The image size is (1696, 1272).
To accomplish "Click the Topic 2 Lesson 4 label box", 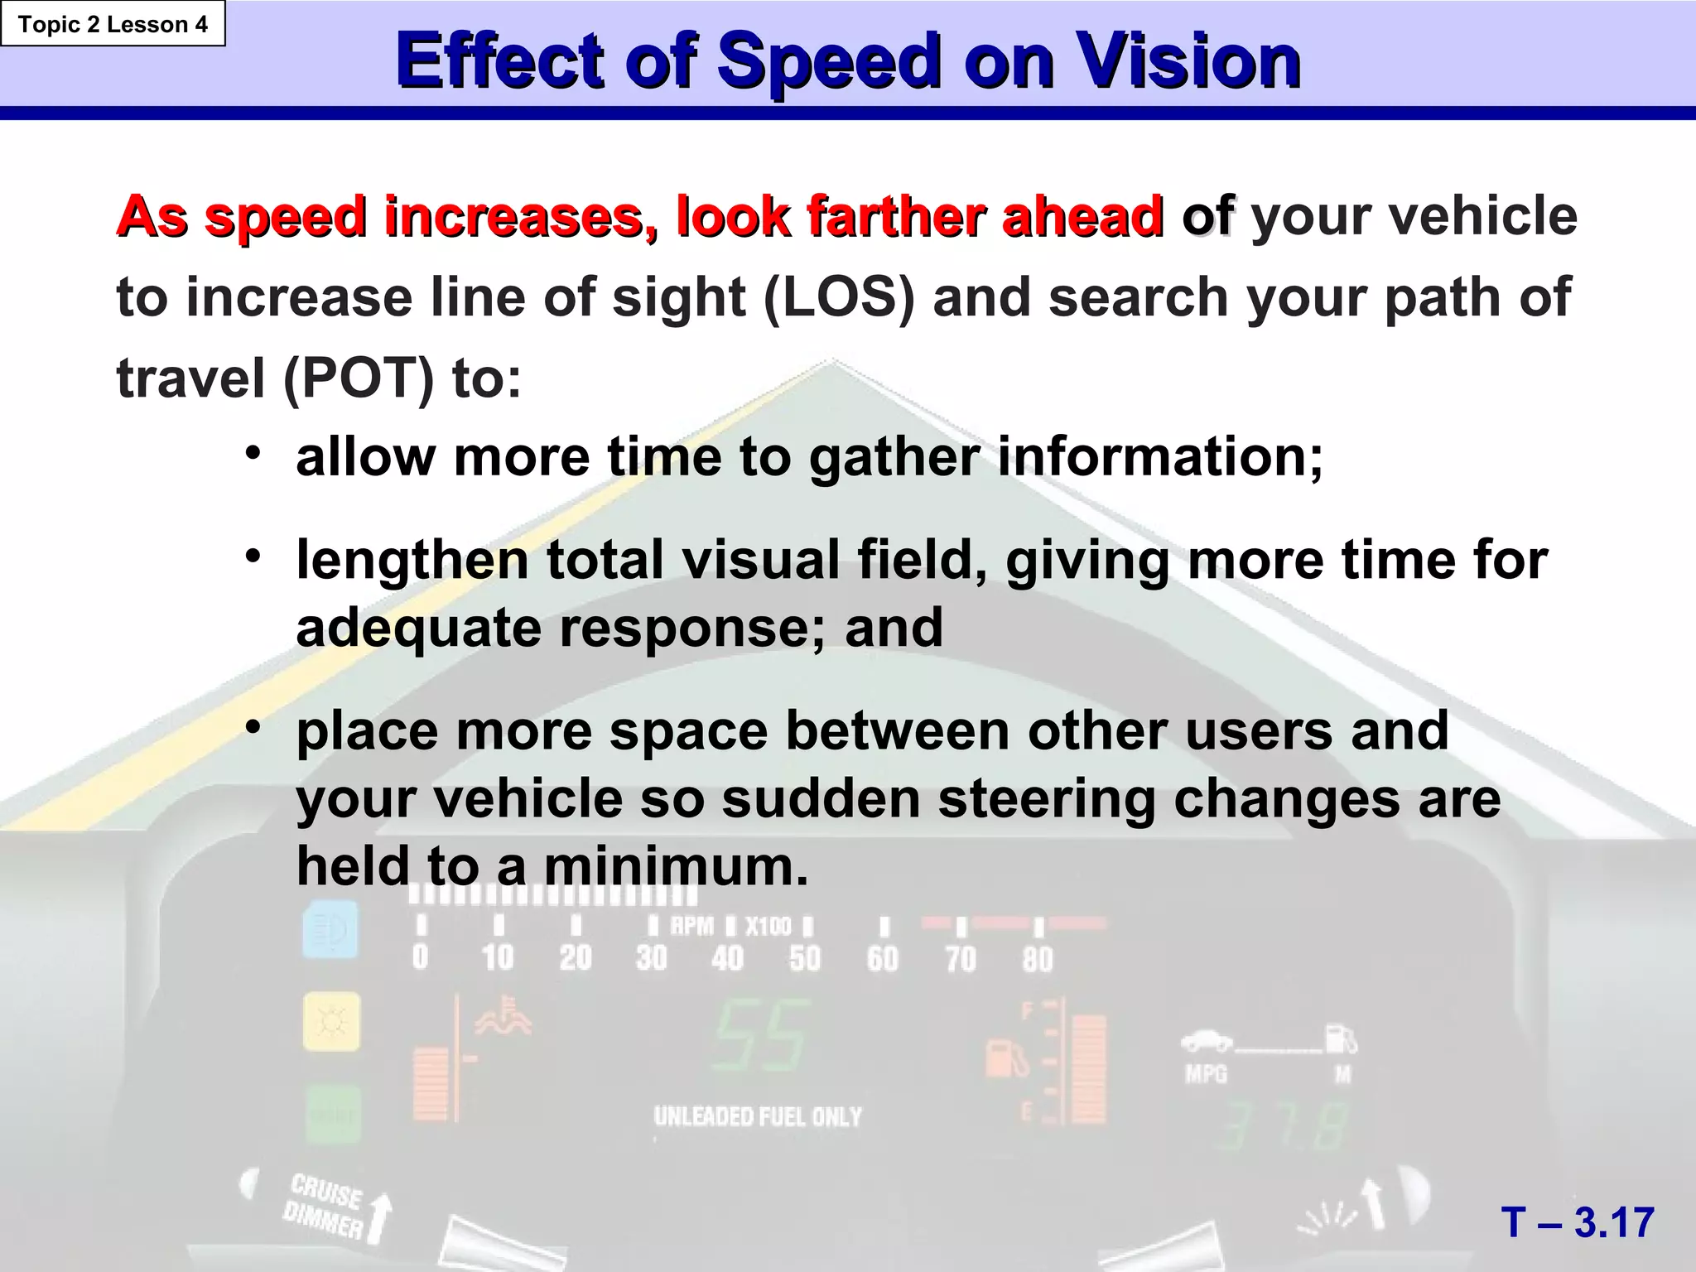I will [113, 24].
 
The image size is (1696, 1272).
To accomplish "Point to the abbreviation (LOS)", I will [838, 297].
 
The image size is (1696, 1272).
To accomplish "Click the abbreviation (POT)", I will [358, 378].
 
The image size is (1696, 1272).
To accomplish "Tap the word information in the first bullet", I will [1159, 456].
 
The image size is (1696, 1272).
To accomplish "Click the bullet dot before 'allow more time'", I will [253, 453].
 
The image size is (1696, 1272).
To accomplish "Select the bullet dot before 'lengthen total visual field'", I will [253, 556].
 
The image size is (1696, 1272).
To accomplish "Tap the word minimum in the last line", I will [675, 866].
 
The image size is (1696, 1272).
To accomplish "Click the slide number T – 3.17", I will [1578, 1222].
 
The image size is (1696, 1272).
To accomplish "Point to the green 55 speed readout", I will [761, 1036].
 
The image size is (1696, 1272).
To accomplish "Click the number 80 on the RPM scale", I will [1037, 960].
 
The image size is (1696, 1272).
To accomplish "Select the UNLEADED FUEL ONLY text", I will [758, 1117].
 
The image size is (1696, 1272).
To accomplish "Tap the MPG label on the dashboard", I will [1206, 1074].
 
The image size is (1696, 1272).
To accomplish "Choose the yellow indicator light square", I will [331, 1022].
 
